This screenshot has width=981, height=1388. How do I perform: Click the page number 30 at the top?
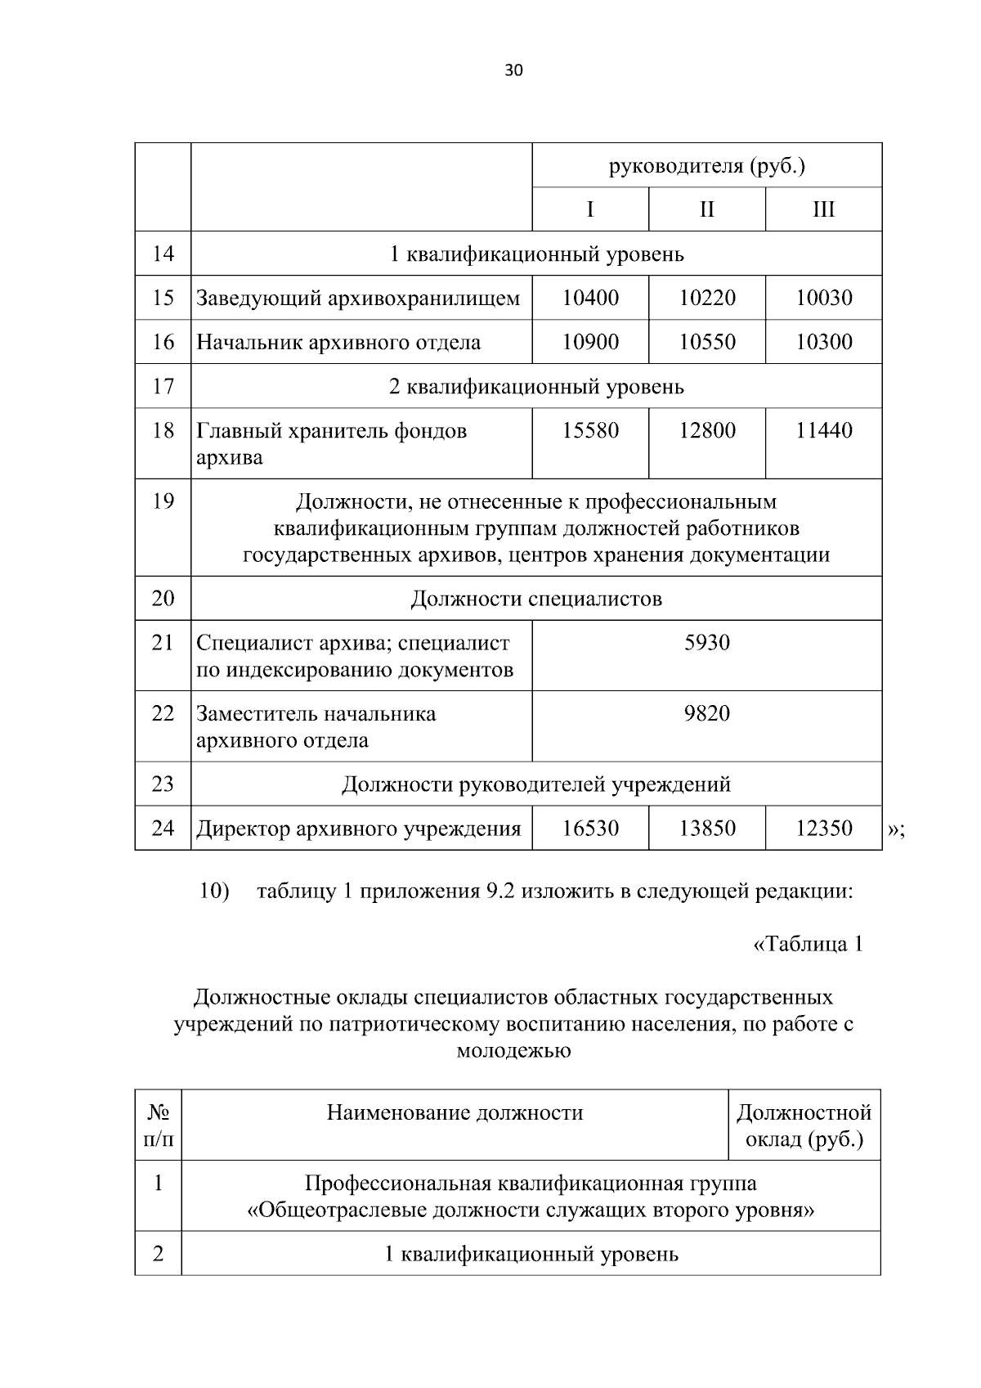(x=513, y=70)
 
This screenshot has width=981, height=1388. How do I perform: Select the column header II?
(x=706, y=209)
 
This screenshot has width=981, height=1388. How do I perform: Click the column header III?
(x=823, y=209)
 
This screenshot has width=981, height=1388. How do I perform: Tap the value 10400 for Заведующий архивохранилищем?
(x=590, y=298)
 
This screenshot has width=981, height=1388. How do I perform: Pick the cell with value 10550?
(x=706, y=342)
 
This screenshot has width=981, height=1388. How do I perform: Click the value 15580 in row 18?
(x=590, y=430)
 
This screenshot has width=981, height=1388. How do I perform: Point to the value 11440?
(x=823, y=430)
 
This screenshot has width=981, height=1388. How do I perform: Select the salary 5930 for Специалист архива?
(x=706, y=643)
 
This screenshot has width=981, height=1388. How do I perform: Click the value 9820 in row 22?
(x=706, y=713)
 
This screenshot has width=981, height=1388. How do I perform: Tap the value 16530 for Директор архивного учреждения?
(x=590, y=829)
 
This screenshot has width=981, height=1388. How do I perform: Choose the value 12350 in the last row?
(x=823, y=829)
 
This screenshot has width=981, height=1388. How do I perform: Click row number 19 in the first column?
(x=163, y=501)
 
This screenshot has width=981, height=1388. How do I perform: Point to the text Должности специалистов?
(x=535, y=599)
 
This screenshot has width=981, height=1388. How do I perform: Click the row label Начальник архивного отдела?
(x=338, y=342)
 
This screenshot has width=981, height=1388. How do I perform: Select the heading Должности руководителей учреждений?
(x=535, y=784)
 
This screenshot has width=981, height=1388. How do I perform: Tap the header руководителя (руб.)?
(x=706, y=166)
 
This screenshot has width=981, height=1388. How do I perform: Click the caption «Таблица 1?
(x=807, y=944)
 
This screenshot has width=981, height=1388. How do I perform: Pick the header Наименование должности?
(x=455, y=1112)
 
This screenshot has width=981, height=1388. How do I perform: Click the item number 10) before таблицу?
(x=214, y=891)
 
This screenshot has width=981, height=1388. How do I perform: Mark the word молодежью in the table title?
(x=513, y=1050)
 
